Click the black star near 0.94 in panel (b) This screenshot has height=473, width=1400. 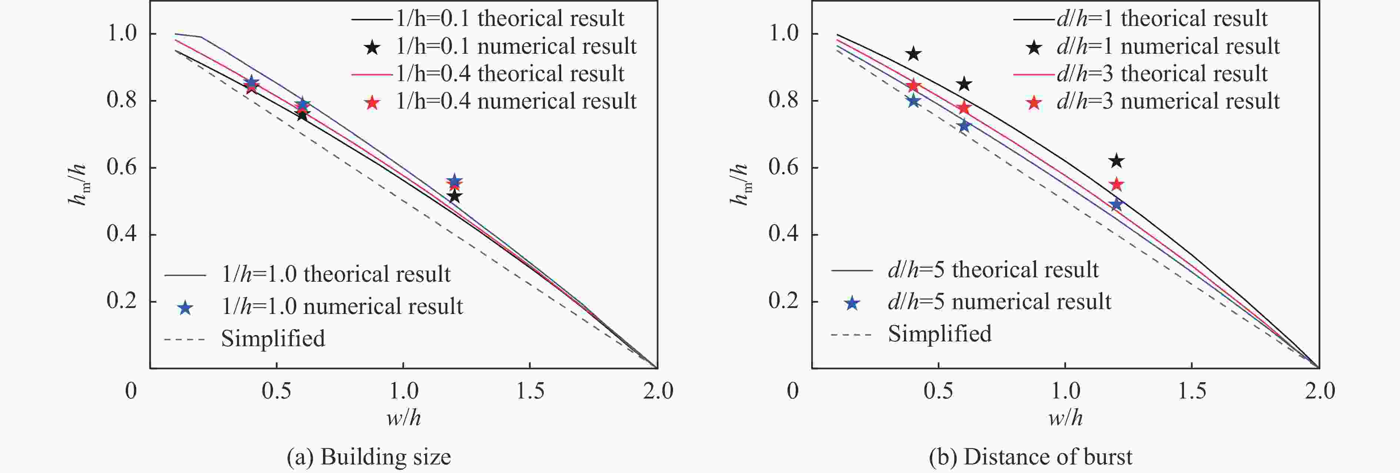[914, 53]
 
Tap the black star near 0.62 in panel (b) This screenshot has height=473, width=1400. [1116, 161]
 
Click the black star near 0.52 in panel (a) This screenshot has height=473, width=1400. [454, 196]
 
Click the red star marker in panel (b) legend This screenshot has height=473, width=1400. [1034, 103]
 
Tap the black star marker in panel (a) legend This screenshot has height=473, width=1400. [372, 48]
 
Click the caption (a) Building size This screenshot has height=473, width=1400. [369, 457]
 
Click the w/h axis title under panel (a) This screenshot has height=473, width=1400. [403, 417]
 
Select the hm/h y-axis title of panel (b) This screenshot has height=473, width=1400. [739, 185]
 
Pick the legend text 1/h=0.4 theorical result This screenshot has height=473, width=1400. [510, 74]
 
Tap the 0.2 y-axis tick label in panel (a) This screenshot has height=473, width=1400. [122, 301]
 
